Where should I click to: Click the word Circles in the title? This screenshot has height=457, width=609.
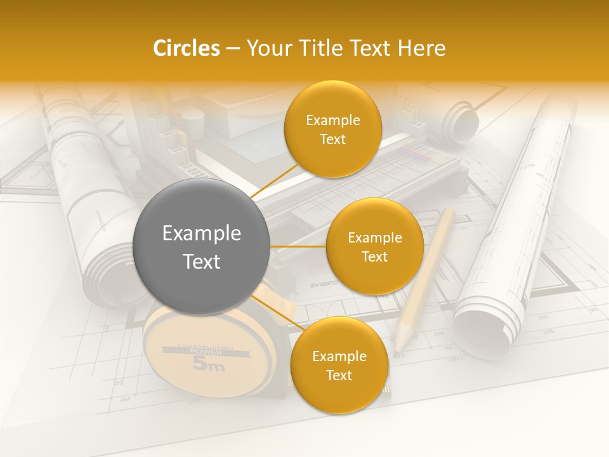coord(186,48)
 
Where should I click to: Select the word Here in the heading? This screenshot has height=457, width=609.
coord(421,48)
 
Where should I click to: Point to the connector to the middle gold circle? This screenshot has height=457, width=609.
coord(298,246)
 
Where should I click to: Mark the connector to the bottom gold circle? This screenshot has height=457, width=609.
coord(276,310)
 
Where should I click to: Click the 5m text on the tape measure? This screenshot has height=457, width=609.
coord(207,364)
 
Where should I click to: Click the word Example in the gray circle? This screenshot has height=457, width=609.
coord(201,234)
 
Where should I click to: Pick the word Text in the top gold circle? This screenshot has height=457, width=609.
coord(332,140)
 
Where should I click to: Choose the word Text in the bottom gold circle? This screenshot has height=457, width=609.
coord(339,376)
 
